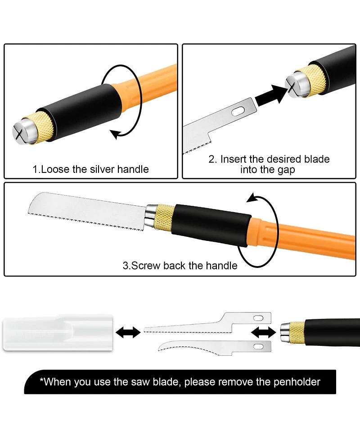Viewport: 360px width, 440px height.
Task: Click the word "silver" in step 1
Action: point(102,169)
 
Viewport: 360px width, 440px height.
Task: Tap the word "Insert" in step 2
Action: point(234,159)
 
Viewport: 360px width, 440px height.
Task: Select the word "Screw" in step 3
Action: point(146,265)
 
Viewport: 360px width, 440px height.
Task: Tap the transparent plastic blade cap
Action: point(58,333)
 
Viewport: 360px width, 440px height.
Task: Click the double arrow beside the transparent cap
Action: point(128,332)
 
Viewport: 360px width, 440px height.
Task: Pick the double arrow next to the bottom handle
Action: point(264,332)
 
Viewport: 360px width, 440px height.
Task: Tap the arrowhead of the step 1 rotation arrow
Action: point(114,134)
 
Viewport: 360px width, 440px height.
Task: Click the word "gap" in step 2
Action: point(286,170)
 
